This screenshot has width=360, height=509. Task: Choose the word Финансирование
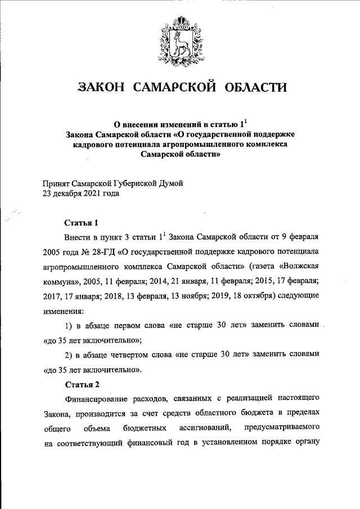[x=101, y=399]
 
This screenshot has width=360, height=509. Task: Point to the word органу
[x=308, y=443]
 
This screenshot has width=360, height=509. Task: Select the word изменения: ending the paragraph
[x=64, y=310]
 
